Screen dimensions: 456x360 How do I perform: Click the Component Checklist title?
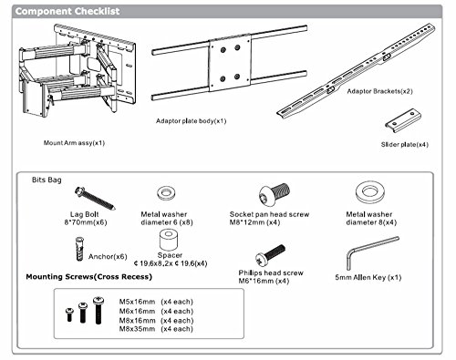pos(67,11)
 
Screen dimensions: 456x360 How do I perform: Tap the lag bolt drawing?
pos(95,199)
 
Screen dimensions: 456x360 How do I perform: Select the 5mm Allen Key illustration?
pos(373,252)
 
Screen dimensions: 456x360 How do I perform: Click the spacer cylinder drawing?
pos(169,240)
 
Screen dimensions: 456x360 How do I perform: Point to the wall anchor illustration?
pos(79,249)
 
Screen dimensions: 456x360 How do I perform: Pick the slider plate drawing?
pos(403,120)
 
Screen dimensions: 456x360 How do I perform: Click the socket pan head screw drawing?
pos(275,194)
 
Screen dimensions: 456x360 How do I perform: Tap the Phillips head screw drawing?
pos(270,254)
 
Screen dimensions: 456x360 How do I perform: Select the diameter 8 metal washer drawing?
pos(370,192)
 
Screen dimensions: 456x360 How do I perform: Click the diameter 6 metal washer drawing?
pos(166,193)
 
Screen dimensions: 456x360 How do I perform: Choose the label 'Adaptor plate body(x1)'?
pos(191,121)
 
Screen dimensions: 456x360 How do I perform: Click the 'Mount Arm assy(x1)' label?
pos(74,143)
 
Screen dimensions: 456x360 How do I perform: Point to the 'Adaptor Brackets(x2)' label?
pos(379,91)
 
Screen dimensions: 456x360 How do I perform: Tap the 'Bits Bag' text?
pos(47,180)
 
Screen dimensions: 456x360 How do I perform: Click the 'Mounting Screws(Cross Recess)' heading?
pos(88,277)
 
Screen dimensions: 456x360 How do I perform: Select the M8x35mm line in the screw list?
pos(156,329)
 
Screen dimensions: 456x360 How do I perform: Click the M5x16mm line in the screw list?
pos(156,302)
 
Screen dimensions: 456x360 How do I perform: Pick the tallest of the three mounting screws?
pos(98,311)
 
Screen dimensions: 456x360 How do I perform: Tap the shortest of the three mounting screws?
pos(69,314)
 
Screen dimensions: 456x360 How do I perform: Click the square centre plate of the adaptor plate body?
pos(230,63)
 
